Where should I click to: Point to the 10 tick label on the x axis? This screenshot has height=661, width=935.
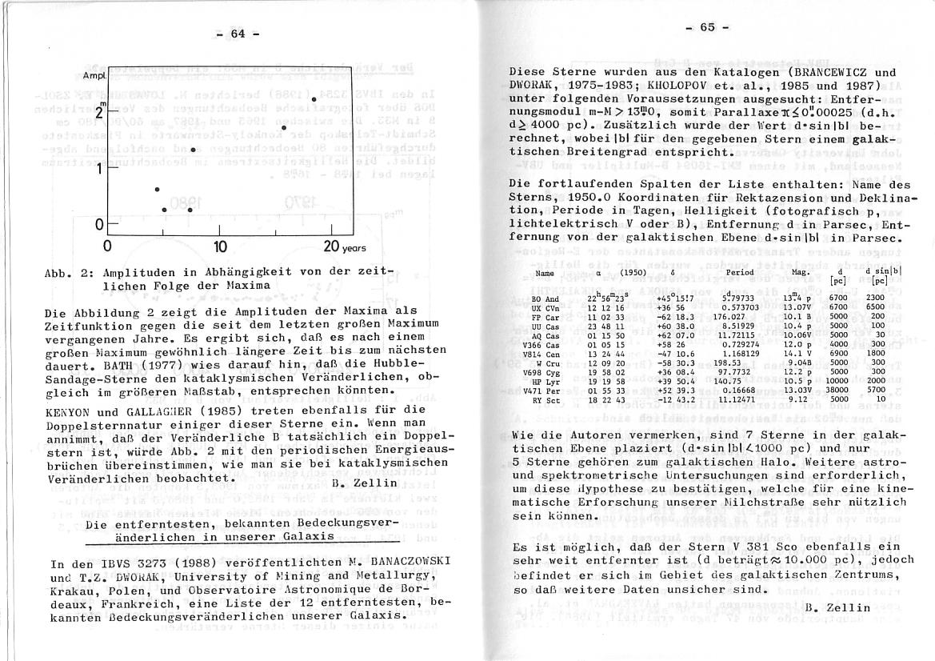[x=221, y=246]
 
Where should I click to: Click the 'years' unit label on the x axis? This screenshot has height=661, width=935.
[x=354, y=248]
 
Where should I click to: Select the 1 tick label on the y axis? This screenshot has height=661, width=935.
[x=99, y=169]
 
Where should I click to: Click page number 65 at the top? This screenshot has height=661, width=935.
[x=706, y=26]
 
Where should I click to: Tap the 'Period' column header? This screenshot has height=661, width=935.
[x=739, y=272]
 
